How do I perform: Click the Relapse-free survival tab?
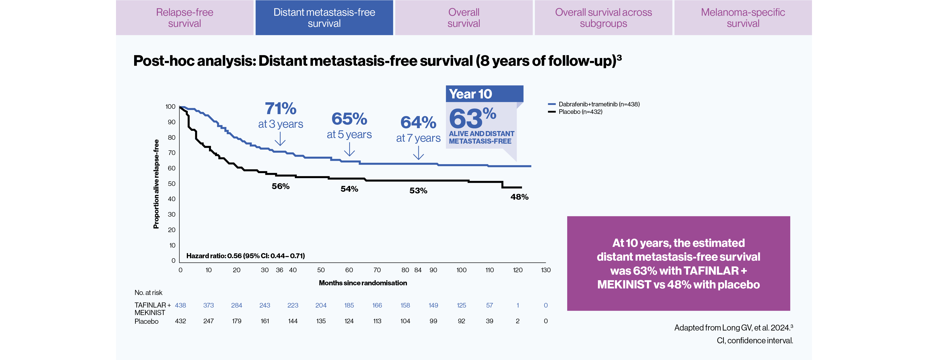coord(184,18)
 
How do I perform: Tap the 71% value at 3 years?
coord(280,109)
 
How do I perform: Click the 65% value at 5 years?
coord(349,119)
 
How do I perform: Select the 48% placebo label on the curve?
coord(519,197)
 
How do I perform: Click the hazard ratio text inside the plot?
coord(245,256)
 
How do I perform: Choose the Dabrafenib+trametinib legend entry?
coord(598,104)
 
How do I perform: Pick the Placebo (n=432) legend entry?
coord(580,112)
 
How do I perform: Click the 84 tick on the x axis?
coord(418,270)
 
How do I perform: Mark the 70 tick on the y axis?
coord(172,153)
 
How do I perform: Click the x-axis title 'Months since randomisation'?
coord(363,283)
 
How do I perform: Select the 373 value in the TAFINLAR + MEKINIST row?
coord(208,305)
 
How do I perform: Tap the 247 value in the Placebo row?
coord(208,321)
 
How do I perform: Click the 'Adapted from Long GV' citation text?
coord(733,328)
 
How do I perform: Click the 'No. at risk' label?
coord(148,293)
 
